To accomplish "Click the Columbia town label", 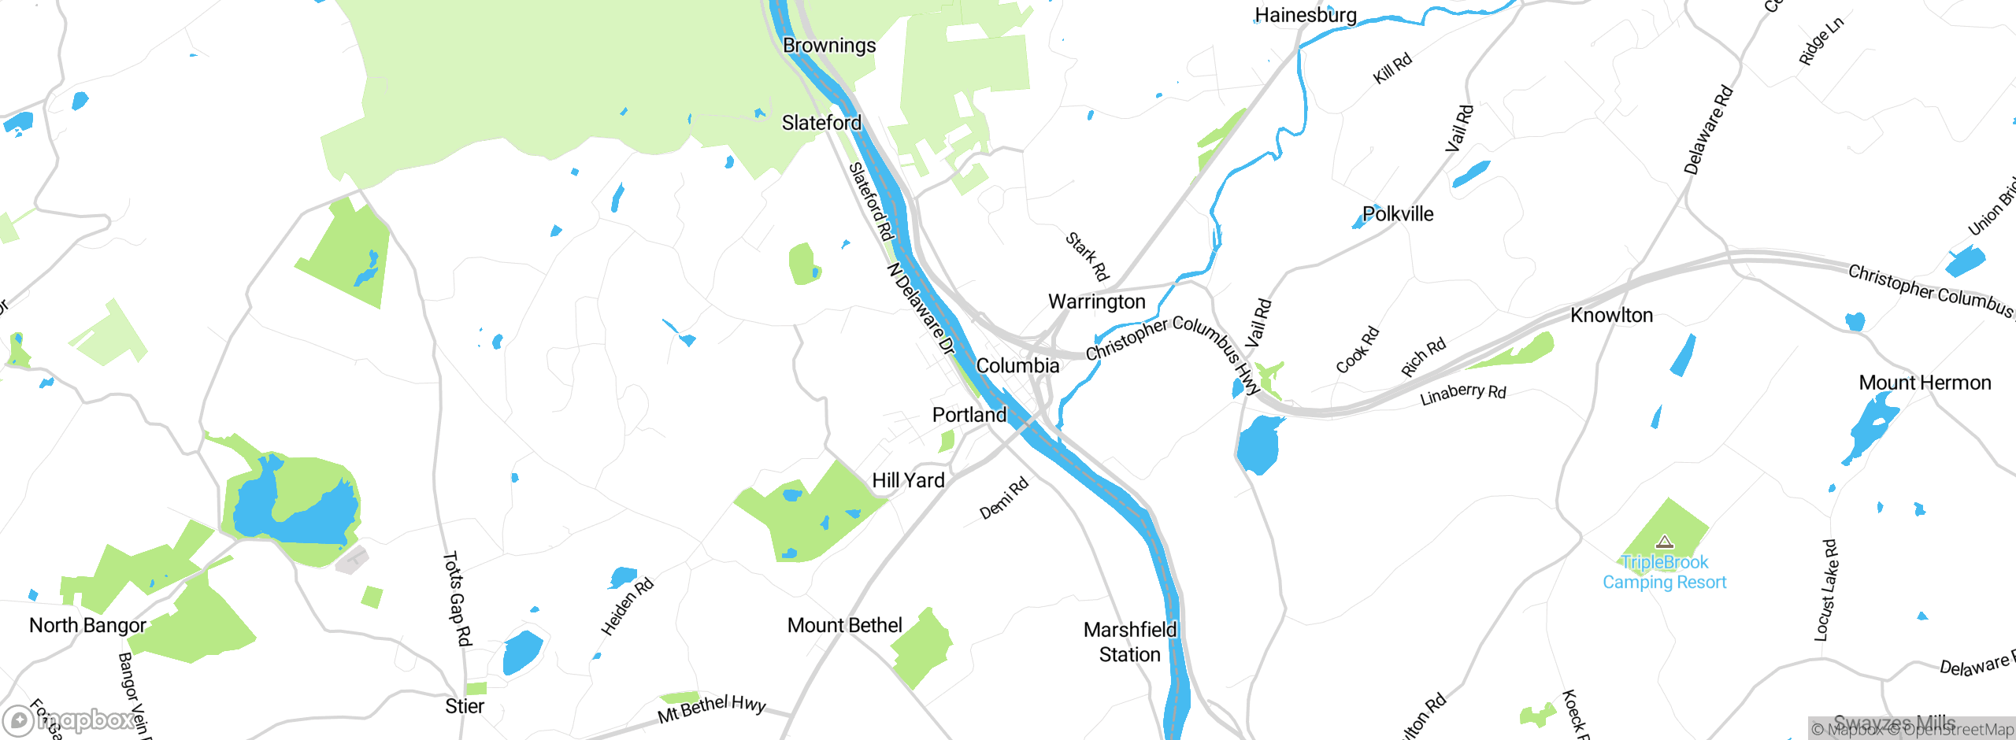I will tap(1017, 365).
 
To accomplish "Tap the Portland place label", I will tap(969, 415).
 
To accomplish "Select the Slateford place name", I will tap(821, 123).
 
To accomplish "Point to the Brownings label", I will tap(828, 46).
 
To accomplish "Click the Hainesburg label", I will tap(1305, 15).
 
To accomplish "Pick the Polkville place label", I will tap(1398, 214).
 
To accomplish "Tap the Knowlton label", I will tap(1611, 316).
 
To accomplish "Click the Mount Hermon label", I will tap(1925, 383).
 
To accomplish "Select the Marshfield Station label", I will tap(1130, 642).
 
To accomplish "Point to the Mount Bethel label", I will tap(844, 625).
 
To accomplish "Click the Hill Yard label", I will tap(908, 480).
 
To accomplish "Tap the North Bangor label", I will tap(87, 625).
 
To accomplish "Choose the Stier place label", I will tap(465, 706).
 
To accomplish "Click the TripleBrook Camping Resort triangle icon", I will tap(1664, 542).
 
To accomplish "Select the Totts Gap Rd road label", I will tap(457, 598).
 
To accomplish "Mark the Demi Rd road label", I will tap(1004, 498).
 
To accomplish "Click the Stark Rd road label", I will tap(1088, 257).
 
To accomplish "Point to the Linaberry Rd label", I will tap(1462, 394).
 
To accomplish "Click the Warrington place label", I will tap(1096, 302).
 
